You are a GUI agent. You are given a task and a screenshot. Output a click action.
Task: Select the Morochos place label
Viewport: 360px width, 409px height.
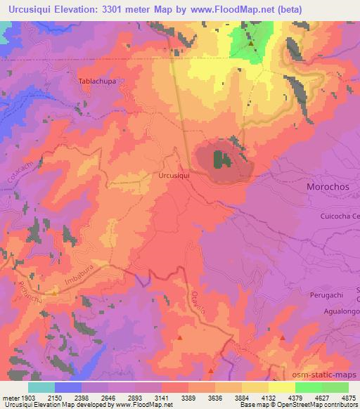[x=327, y=188]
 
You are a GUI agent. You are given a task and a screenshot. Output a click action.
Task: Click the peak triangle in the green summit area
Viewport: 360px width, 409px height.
[x=251, y=44]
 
